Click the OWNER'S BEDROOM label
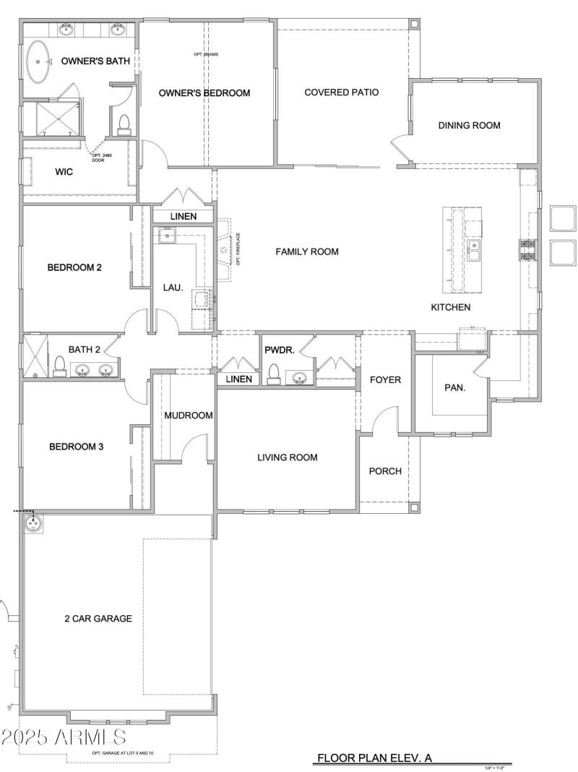pos(204,93)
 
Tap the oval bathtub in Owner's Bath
pos(38,63)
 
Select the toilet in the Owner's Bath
pos(124,124)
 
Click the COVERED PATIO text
pos(342,93)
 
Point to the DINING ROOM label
pos(470,125)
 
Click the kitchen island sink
pos(474,250)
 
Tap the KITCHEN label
pos(451,307)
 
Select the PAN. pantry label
pos(454,387)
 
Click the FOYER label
pos(386,380)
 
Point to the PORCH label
pos(385,471)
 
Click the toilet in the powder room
pos(274,373)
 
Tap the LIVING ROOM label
pos(288,458)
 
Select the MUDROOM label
pos(189,416)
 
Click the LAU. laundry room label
pos(173,287)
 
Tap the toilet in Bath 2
pos(59,368)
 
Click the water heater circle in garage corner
pos(33,522)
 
